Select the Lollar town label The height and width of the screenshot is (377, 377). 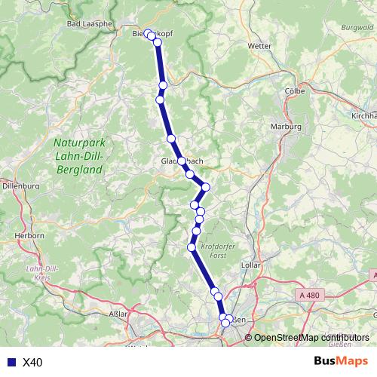pyautogui.click(x=250, y=266)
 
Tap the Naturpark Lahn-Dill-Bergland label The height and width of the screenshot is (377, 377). pyautogui.click(x=79, y=156)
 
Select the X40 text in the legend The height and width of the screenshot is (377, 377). pyautogui.click(x=32, y=363)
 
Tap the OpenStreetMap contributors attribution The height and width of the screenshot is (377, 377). pyautogui.click(x=311, y=338)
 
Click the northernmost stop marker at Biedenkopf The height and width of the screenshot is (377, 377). pyautogui.click(x=149, y=34)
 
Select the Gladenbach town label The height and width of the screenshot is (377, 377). pyautogui.click(x=182, y=161)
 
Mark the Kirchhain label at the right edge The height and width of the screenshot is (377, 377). pyautogui.click(x=364, y=116)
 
